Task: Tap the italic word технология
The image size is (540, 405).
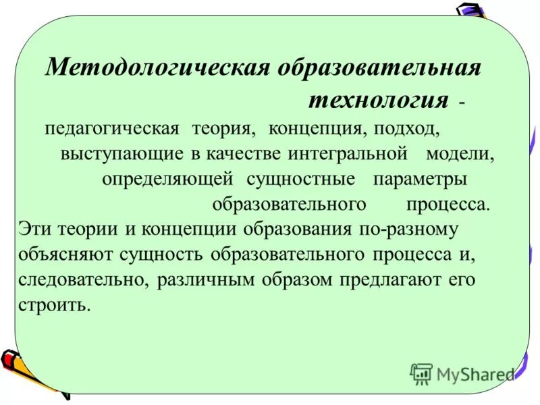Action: (379, 101)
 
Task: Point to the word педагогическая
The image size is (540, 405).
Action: (112, 128)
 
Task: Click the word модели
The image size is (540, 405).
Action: (460, 153)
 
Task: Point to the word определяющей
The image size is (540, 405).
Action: (167, 180)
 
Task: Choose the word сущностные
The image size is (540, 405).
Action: (300, 180)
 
